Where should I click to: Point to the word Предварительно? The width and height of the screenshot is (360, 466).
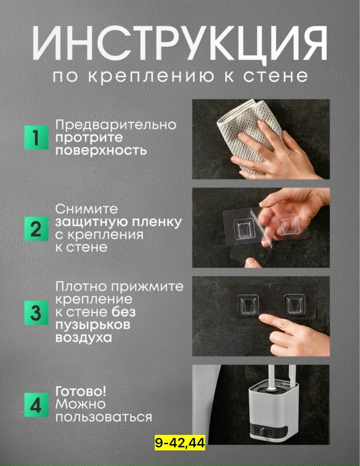point(115,124)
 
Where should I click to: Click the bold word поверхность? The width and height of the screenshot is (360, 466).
point(101,151)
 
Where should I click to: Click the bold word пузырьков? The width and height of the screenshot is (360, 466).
point(93,325)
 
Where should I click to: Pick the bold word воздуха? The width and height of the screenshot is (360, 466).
point(83,338)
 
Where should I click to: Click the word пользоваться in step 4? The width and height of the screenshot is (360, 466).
point(103,418)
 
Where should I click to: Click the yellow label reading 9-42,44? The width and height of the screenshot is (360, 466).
point(180,443)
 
